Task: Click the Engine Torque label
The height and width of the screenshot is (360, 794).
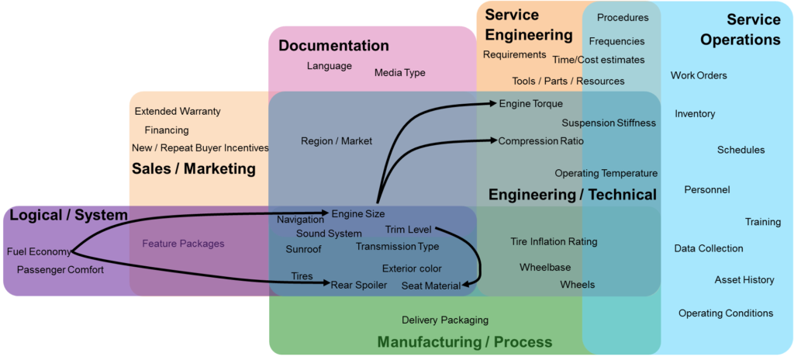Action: coord(531,104)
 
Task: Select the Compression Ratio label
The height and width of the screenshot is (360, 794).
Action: coord(540,141)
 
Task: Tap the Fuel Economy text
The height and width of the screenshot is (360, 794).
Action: coord(39,251)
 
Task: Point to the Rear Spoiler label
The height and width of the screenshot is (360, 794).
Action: coord(358,285)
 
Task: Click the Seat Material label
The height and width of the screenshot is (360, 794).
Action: coord(430,286)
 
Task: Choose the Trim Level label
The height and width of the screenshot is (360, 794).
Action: coord(409,230)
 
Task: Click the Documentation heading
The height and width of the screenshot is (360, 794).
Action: coord(333,46)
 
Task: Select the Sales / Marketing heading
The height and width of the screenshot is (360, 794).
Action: coord(193,168)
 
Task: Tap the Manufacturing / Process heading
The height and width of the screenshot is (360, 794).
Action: coord(464,342)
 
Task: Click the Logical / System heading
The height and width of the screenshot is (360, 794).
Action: coord(68,216)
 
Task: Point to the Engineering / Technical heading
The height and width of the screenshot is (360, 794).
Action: coord(572,195)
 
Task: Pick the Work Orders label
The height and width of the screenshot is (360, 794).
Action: coord(699,76)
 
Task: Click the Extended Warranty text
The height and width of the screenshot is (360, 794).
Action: coord(178,112)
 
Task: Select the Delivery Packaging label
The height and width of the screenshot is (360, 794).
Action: coord(445,320)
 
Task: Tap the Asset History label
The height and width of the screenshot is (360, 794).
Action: coord(744,280)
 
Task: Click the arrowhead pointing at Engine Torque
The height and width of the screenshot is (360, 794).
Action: coord(493,102)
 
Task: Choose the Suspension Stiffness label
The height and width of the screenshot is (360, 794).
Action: coord(609,123)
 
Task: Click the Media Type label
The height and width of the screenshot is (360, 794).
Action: coord(400,73)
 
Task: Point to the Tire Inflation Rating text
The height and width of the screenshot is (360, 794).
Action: coord(554,242)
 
